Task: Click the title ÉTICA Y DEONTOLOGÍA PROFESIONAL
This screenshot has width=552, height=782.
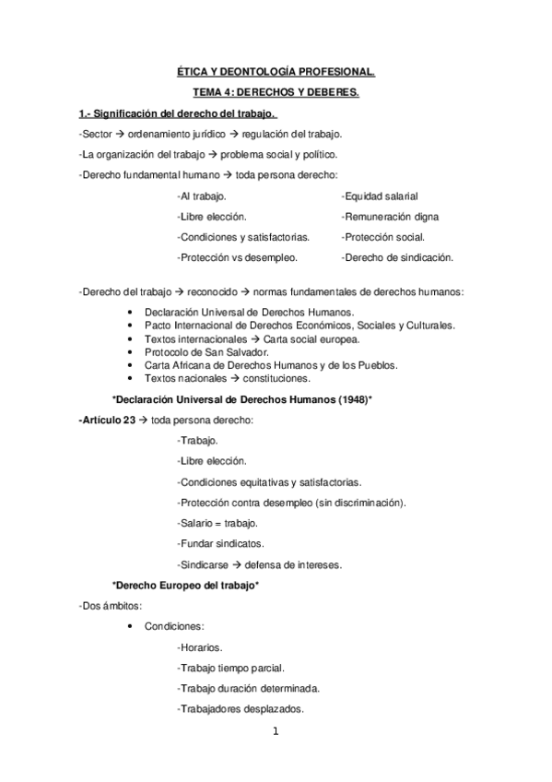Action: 276,70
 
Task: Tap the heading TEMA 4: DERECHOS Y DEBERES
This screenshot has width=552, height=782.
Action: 276,93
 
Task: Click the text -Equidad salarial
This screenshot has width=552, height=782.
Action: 380,196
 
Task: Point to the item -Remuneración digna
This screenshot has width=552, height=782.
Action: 389,217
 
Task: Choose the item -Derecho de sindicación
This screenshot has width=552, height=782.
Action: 397,257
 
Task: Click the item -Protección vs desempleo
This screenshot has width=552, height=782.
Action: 237,257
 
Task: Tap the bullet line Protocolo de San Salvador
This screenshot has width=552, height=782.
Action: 206,352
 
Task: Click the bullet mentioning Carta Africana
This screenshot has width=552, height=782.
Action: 271,365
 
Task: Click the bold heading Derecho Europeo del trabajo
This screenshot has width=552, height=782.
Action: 185,586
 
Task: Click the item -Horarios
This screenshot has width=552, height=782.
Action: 199,647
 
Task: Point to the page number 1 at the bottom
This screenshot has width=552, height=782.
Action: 275,733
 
